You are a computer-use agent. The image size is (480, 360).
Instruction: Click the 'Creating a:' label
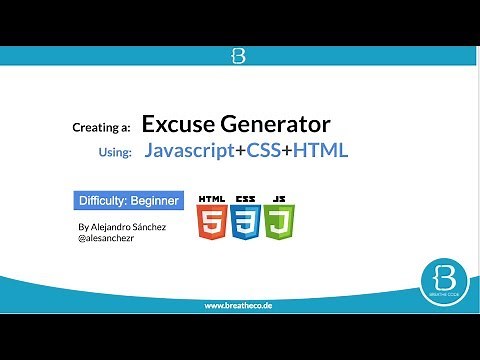102,128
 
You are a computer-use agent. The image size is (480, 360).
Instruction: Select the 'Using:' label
112,155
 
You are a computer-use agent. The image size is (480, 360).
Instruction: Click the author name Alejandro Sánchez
121,227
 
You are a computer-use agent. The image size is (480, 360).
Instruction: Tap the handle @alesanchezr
106,239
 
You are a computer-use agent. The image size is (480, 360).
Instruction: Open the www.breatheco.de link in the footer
239,305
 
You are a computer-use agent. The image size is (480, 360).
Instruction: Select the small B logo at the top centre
239,56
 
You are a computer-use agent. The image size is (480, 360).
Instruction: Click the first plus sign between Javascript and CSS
241,152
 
